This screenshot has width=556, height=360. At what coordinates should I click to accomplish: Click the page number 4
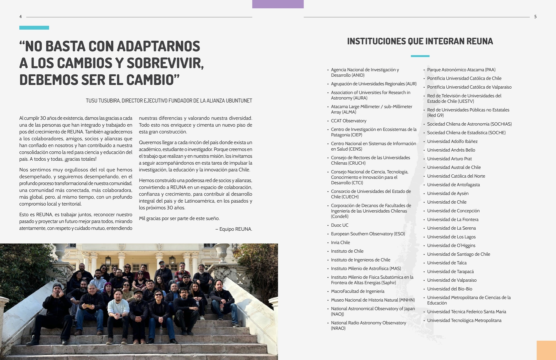(x=21, y=17)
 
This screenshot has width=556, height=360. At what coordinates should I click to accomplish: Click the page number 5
(x=535, y=17)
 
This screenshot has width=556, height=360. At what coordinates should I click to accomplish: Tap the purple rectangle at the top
(x=278, y=4)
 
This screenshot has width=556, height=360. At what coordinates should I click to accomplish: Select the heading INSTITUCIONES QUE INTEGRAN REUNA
(x=420, y=41)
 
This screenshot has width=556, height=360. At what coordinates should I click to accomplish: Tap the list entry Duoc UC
(x=339, y=225)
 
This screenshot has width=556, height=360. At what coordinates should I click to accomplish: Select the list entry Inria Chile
(x=340, y=243)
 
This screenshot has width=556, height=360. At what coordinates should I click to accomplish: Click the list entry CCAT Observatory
(x=348, y=121)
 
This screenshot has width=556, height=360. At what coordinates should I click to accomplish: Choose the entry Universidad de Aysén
(x=448, y=194)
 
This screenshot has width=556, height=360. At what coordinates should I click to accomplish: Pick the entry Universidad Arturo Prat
(x=449, y=159)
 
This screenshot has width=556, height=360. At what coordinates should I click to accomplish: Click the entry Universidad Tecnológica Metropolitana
(x=464, y=321)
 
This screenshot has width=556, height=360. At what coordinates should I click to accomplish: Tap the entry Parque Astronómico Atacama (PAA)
(x=461, y=70)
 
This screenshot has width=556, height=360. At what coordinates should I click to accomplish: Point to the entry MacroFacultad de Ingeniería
(x=357, y=292)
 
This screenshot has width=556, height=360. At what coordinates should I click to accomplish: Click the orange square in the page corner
(x=546, y=350)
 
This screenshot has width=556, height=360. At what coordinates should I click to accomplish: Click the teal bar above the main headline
(x=34, y=28)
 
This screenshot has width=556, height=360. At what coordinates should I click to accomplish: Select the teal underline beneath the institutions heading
(x=420, y=56)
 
